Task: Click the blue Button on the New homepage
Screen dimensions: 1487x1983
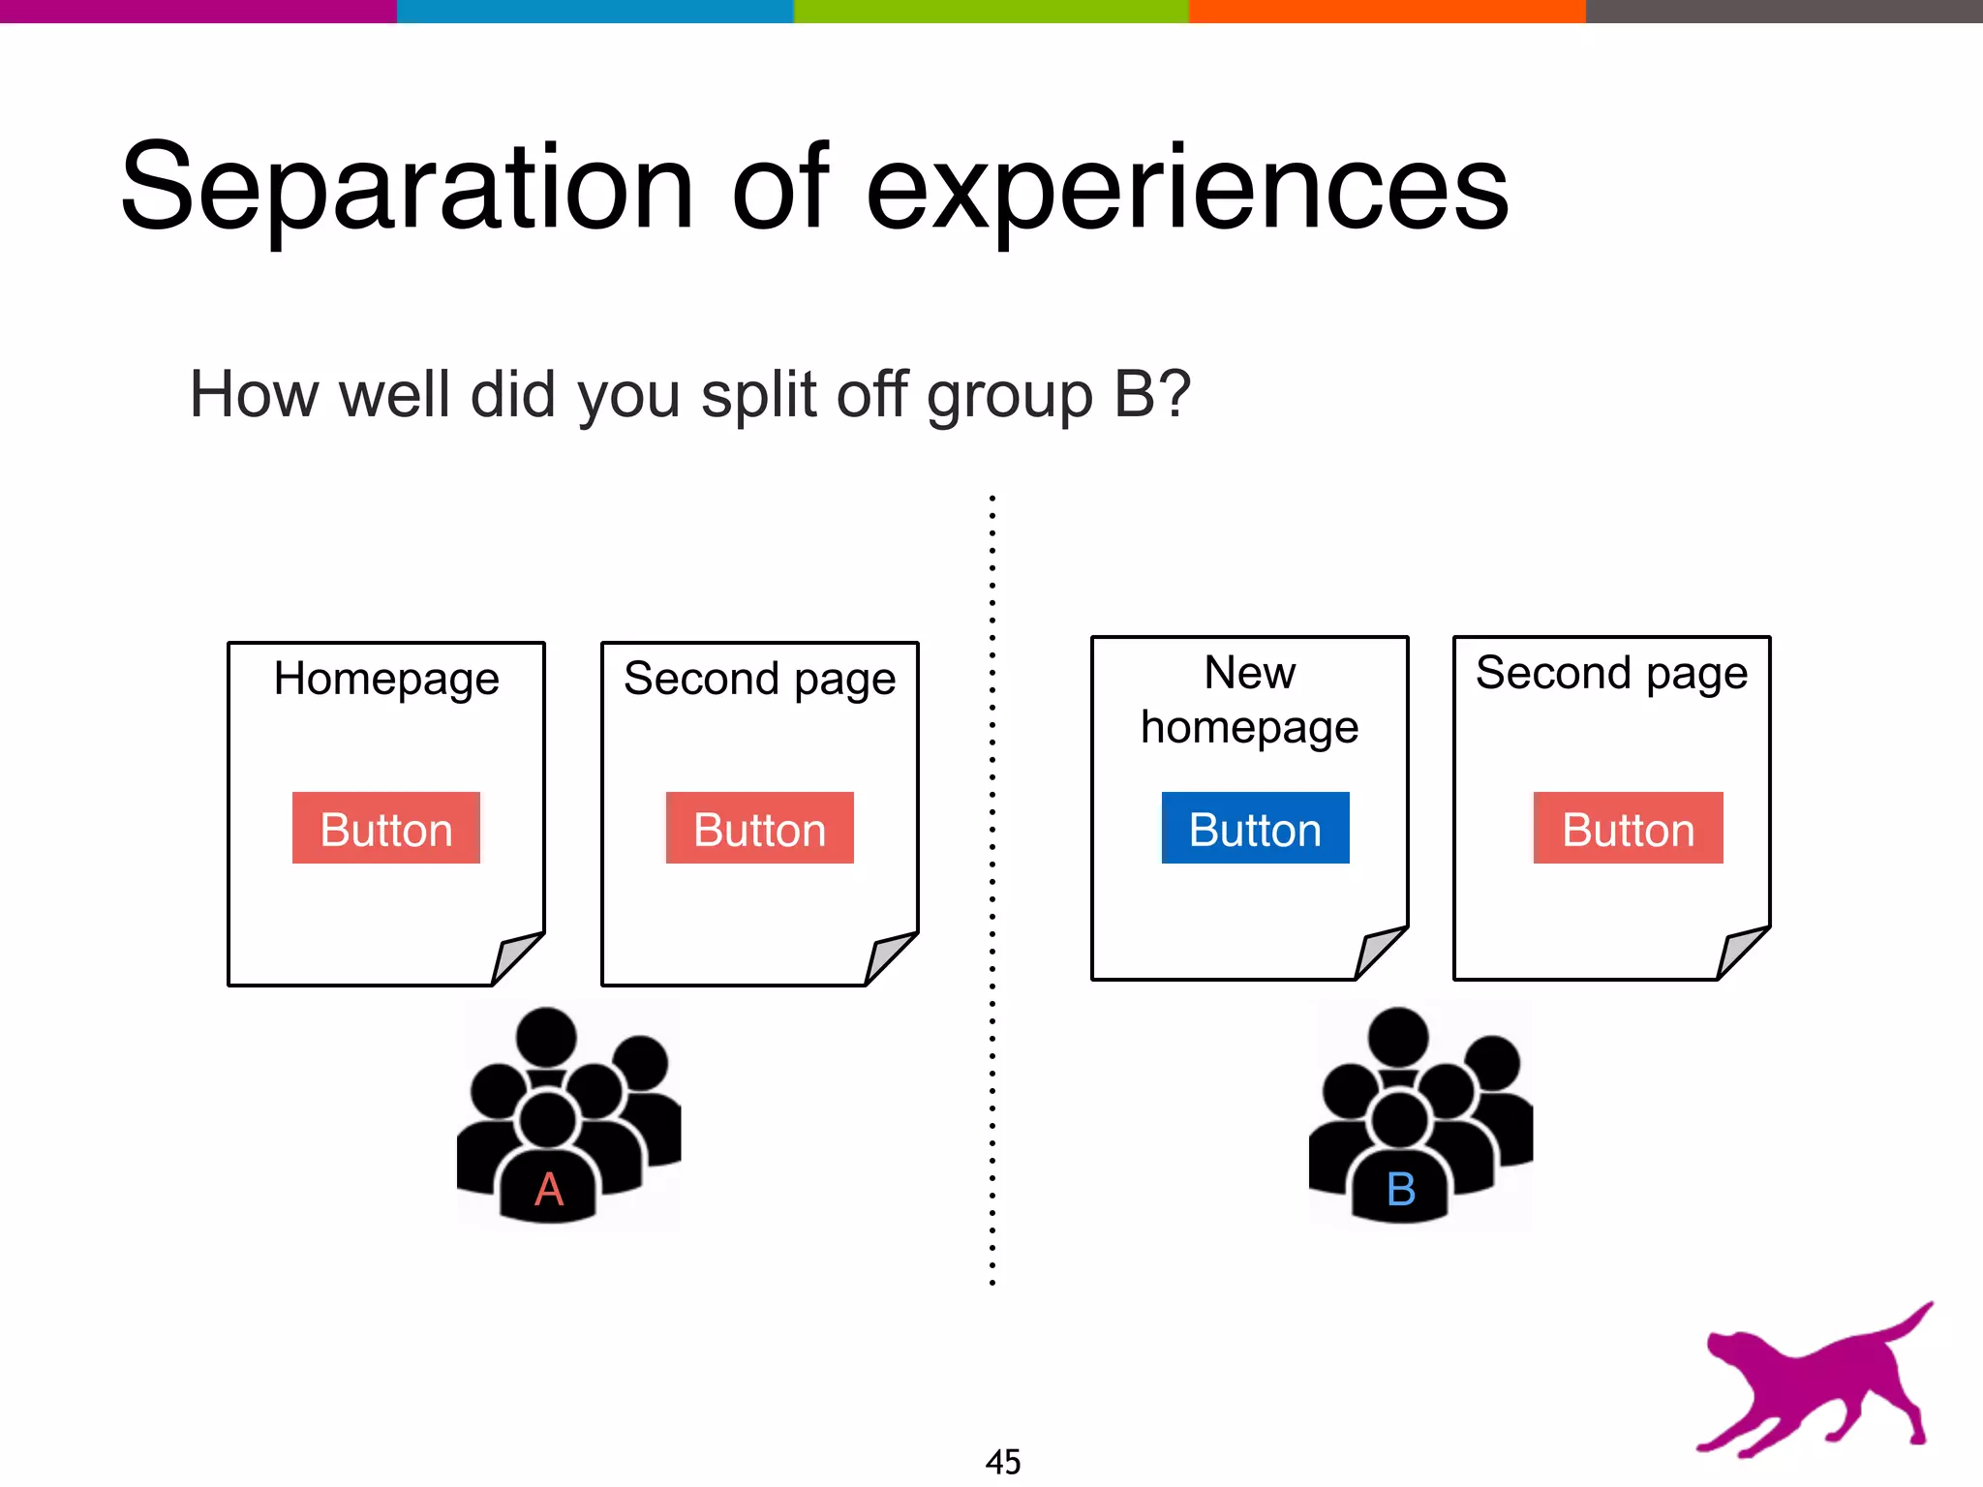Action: [x=1255, y=829]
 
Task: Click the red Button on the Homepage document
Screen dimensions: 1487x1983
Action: [x=385, y=829]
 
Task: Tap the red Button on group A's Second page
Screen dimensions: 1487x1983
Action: [x=759, y=829]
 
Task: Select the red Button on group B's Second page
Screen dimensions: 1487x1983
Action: [x=1628, y=829]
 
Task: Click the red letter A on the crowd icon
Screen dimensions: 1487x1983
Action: [x=549, y=1189]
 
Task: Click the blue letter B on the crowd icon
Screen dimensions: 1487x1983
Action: [x=1401, y=1189]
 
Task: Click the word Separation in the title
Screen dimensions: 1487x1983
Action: [x=407, y=189]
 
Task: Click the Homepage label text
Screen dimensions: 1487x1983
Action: [x=386, y=680]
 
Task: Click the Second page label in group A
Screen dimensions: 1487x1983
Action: [x=760, y=680]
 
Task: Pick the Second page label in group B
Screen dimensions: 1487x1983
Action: [x=1611, y=674]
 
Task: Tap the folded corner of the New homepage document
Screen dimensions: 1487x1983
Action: [x=1379, y=951]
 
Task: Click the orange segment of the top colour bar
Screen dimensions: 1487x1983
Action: [x=1387, y=11]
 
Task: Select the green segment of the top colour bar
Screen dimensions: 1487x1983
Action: [x=991, y=11]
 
